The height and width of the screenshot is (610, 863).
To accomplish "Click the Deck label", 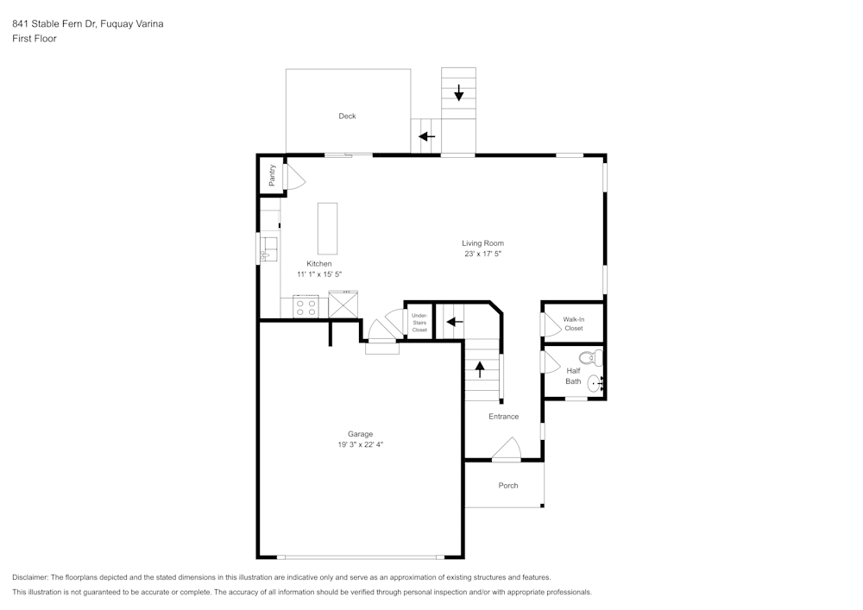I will pos(347,116).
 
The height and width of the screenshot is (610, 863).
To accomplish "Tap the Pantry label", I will pos(272,175).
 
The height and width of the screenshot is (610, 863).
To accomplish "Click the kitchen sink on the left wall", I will pos(268,248).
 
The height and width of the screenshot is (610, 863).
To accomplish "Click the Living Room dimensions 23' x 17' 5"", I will pos(482,255).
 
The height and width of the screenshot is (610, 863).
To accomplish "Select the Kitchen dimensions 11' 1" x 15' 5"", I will pos(319,274).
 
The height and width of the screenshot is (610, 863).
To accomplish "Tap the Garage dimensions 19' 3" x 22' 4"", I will pos(361,445).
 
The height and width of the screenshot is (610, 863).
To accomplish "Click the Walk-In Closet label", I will pos(573,324).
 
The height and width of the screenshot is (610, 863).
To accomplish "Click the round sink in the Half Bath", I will pos(595,383).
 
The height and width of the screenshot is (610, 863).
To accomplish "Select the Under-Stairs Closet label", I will pos(419,323).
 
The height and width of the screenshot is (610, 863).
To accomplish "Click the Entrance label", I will pos(503,417).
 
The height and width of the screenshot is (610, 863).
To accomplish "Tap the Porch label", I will pos(508,486).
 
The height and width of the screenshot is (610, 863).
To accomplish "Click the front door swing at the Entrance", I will pos(507,450).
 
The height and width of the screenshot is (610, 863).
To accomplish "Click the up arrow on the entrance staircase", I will pos(480,370).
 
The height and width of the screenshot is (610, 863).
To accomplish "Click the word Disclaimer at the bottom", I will pos(30,577).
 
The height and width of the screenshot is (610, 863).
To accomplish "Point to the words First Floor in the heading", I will pos(35,39).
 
